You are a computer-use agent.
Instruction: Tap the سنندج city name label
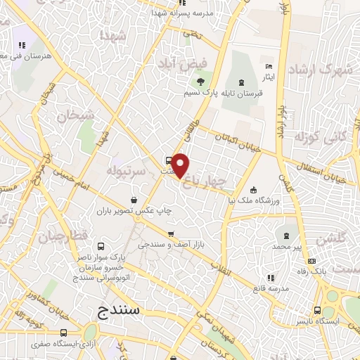click(118, 309)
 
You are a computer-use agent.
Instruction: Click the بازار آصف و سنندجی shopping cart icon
click(170, 234)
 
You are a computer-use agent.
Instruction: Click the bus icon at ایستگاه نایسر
click(318, 310)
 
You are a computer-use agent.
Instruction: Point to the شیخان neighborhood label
click(70, 115)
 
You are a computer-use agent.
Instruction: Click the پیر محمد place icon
click(286, 236)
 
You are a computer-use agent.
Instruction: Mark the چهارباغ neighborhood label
click(205, 182)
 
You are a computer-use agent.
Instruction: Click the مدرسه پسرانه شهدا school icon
click(161, 13)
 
